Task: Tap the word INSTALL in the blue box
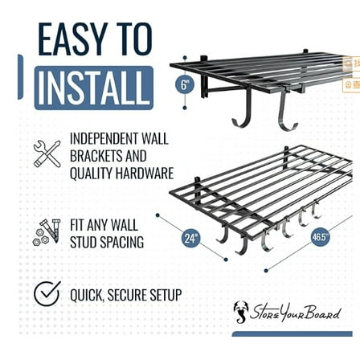point(93,88)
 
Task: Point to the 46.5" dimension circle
point(320,237)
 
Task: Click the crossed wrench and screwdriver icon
point(47,153)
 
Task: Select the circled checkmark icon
point(47,294)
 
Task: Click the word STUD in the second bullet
point(86,242)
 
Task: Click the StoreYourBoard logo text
point(297,312)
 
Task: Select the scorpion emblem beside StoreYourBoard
point(241,311)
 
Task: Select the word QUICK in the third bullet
point(87,295)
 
